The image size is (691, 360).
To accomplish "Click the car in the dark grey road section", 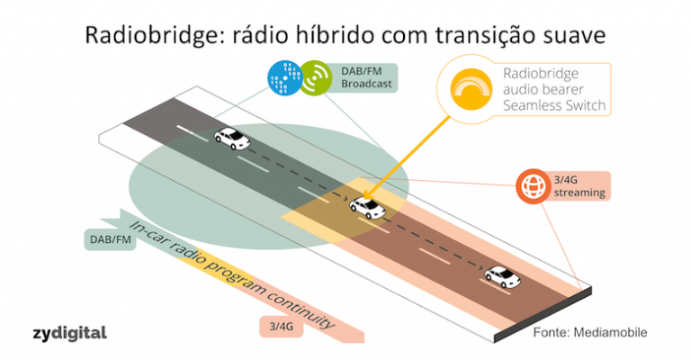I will click(x=232, y=138).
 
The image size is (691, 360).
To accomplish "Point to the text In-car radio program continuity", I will click(x=234, y=274).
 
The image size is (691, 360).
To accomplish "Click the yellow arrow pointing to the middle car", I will click(x=414, y=154).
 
